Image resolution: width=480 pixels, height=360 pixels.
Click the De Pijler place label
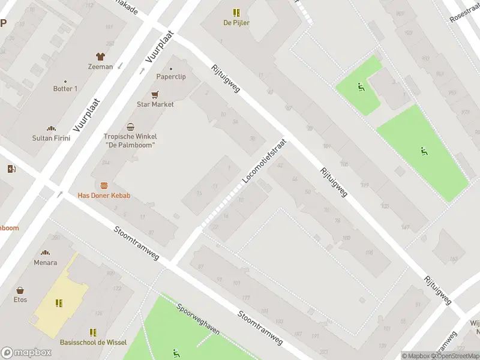236,23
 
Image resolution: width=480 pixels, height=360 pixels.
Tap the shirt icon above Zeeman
100,56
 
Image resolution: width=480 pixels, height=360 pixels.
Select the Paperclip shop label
171,77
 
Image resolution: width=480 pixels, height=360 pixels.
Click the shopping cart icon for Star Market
155,94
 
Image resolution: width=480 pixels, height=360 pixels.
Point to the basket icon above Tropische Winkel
130,127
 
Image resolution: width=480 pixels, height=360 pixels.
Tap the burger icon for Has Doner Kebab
104,186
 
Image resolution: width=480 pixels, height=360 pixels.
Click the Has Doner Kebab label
104,196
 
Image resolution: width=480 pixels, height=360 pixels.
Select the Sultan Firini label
51,138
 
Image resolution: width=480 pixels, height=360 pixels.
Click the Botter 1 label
65,89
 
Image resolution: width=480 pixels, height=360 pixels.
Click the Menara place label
45,262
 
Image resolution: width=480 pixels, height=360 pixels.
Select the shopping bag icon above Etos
20,290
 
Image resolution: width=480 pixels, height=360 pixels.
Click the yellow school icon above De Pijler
236,12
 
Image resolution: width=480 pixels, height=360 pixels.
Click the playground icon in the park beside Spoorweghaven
176,352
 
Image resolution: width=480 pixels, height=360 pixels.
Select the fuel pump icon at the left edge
11,169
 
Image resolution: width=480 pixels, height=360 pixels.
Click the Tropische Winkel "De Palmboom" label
130,140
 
